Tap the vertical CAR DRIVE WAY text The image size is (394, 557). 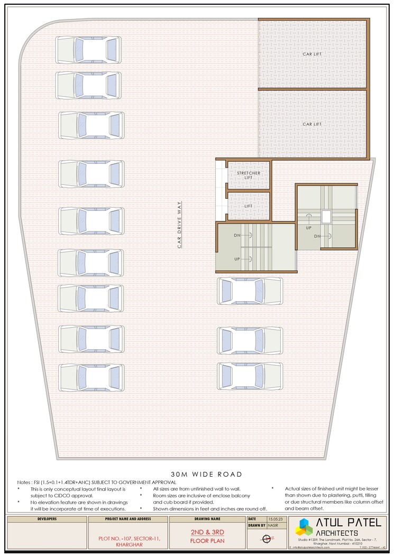[x=179, y=225]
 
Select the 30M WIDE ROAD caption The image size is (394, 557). [x=206, y=474]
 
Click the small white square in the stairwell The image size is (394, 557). [x=326, y=216]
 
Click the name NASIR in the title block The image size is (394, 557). [x=273, y=526]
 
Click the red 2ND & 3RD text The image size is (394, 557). [x=206, y=532]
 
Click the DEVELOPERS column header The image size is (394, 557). [x=47, y=519]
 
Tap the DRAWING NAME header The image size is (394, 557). [x=206, y=519]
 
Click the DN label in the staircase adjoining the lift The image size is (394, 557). [x=237, y=235]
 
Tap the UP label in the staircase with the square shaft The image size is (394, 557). [x=308, y=228]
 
